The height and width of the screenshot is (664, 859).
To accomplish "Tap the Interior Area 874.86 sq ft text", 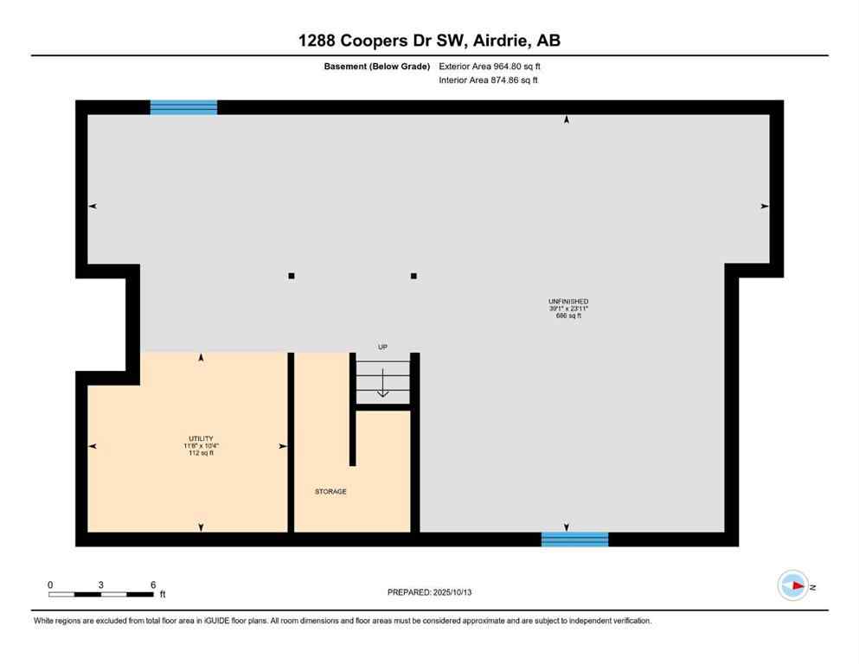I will click(x=489, y=80).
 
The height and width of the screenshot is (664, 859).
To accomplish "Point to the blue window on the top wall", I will click(x=183, y=107).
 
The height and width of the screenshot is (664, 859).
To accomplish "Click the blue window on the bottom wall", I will click(x=574, y=539).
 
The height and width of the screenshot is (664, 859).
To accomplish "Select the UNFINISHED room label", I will click(x=567, y=302).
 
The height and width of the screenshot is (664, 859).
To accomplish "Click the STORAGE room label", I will click(x=330, y=491).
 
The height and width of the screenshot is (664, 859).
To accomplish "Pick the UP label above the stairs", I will click(x=382, y=347).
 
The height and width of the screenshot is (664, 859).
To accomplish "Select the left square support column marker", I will click(x=292, y=276).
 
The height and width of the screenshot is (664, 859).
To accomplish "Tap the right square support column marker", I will click(x=413, y=276).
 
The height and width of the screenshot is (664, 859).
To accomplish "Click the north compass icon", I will click(x=792, y=585).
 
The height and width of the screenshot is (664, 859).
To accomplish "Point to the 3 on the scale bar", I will click(x=101, y=585).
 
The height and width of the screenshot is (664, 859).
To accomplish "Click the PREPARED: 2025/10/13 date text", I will click(x=429, y=592).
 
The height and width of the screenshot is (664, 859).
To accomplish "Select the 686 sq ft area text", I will click(x=567, y=316).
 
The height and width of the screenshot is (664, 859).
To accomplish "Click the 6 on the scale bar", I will click(x=153, y=585).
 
